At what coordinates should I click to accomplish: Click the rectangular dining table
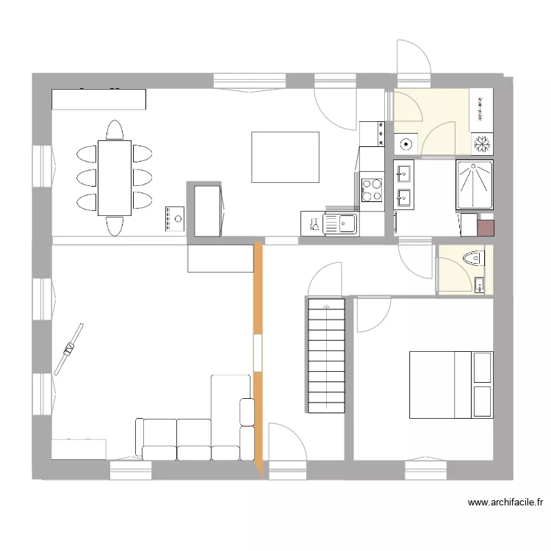pos(115,177)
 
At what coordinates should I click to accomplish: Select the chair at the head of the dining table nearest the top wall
pos(114,131)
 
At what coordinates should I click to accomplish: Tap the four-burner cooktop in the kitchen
pos(372,190)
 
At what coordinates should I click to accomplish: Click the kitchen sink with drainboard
pos(340,223)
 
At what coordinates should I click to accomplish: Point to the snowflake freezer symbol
pos(482,144)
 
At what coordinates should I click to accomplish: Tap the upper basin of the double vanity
pos(403,174)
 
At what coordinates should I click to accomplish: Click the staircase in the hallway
pos(325,356)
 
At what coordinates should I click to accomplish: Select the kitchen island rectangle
pos(285,157)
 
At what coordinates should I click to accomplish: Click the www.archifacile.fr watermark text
pos(505,503)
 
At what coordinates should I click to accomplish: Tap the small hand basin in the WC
pos(479,284)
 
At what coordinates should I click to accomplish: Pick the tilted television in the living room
pos(72,347)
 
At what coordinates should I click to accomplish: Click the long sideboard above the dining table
pos(98,99)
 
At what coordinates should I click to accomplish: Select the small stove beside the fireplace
pos(176,219)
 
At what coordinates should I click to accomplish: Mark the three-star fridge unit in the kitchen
pos(372,133)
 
